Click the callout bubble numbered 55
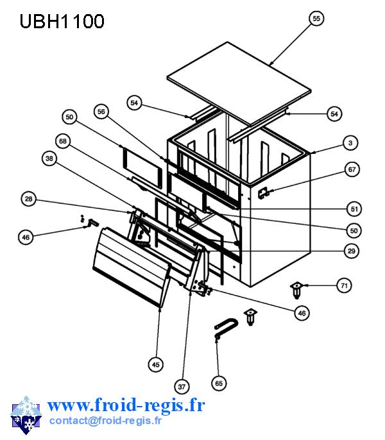[316, 19]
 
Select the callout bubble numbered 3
[350, 143]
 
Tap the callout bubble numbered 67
[352, 169]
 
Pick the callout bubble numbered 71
[344, 285]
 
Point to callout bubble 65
[219, 384]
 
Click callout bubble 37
[182, 387]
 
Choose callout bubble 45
[155, 364]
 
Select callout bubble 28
[29, 199]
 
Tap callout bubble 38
[49, 158]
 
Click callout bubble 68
[63, 141]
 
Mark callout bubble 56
[101, 112]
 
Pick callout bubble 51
[354, 209]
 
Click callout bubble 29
[352, 251]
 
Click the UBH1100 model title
[62, 21]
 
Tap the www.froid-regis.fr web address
[126, 405]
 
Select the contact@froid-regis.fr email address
[105, 420]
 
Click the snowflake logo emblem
[26, 416]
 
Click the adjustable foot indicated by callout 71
[296, 291]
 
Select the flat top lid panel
[239, 83]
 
